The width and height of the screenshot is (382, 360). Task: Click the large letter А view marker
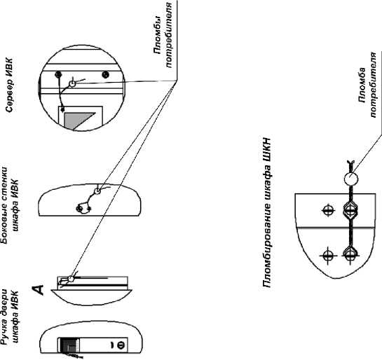[x=38, y=290]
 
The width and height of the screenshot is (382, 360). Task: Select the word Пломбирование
[x=267, y=246]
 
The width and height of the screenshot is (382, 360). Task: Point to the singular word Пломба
[x=362, y=85]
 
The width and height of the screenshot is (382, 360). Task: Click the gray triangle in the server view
[x=79, y=120]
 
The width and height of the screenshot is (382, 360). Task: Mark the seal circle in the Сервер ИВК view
[x=72, y=84]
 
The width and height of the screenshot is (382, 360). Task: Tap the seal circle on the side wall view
[x=97, y=191]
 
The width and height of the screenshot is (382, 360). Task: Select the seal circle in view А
[x=71, y=279]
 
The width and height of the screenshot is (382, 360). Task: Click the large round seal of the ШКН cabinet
[x=351, y=179]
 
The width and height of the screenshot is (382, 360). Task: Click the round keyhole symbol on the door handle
[x=121, y=345]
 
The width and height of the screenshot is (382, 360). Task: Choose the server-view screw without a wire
[x=106, y=74]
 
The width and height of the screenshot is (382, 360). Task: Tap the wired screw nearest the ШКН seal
[x=350, y=210]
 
